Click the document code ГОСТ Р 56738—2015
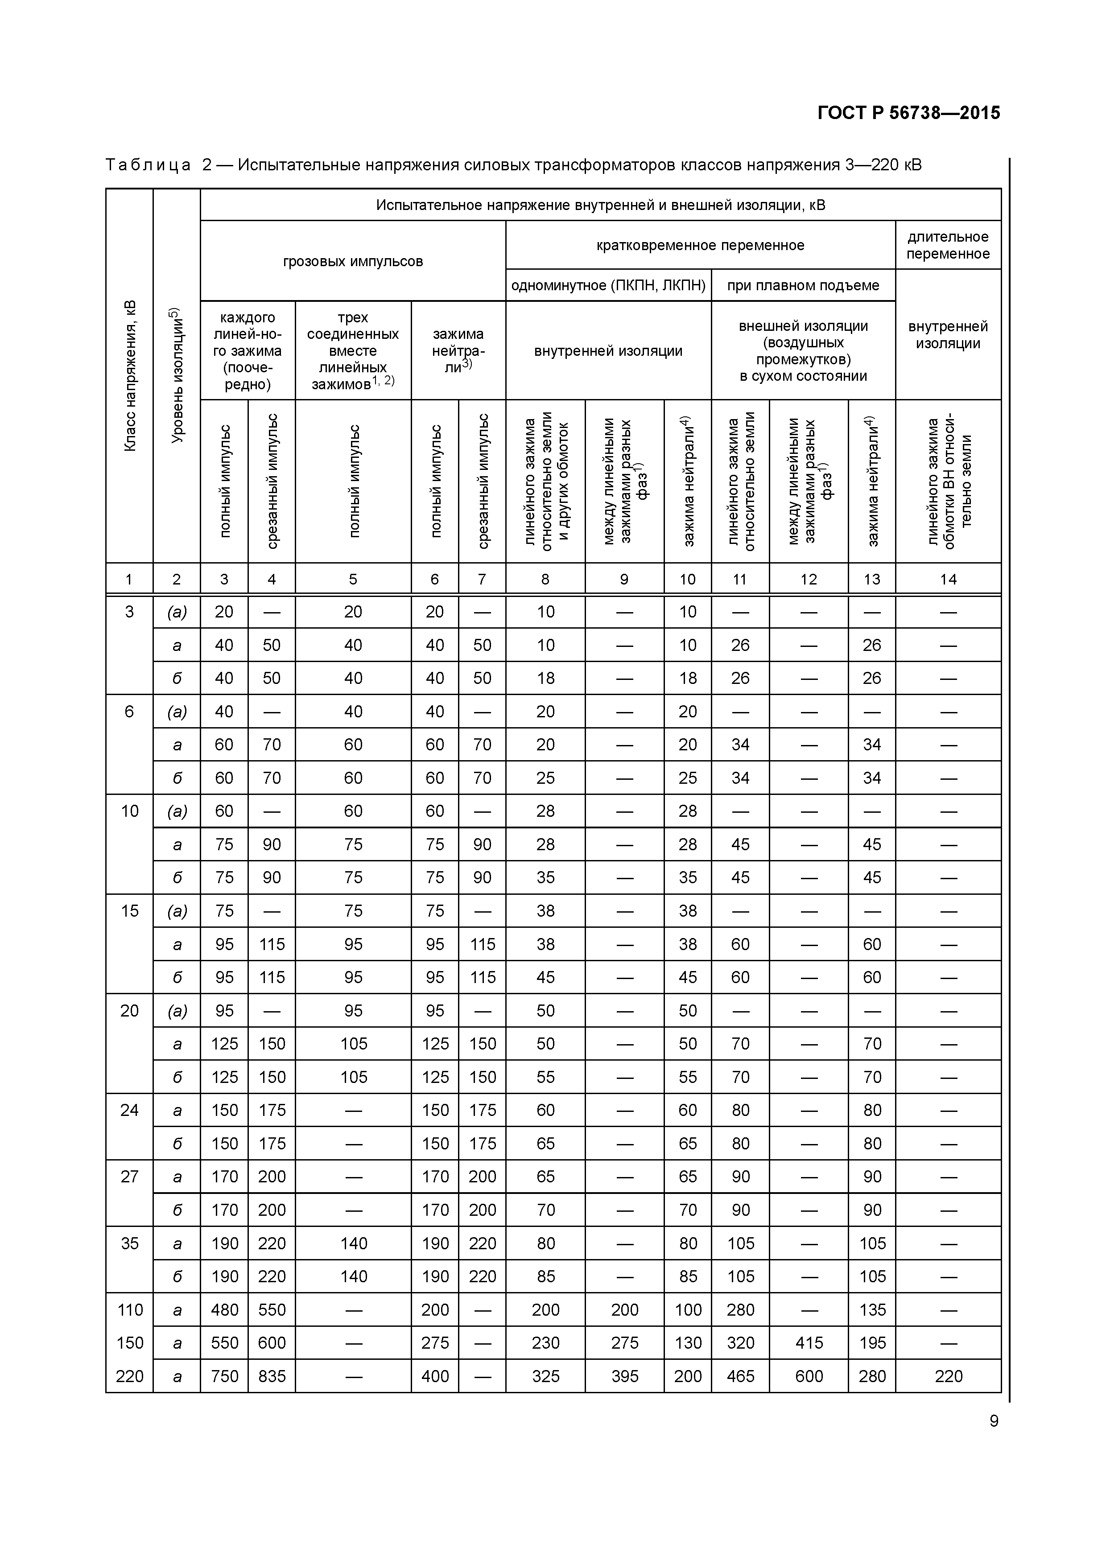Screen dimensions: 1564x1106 coord(908,113)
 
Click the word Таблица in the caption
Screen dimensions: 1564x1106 coord(148,165)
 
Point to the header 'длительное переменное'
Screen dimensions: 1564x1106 coord(947,245)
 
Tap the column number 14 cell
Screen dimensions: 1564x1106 coord(948,579)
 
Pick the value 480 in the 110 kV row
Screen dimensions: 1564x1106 coord(224,1309)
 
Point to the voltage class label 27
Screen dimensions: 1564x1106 coord(129,1177)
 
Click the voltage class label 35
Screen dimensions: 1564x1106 coord(129,1243)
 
